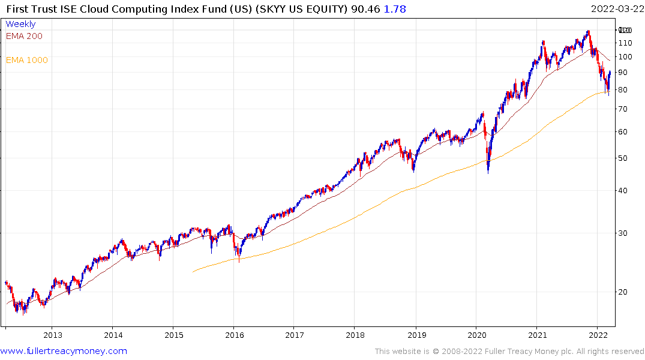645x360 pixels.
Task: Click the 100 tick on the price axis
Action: [x=626, y=57]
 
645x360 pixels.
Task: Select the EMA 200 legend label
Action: [x=24, y=36]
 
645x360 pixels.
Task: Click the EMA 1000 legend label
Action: [x=27, y=60]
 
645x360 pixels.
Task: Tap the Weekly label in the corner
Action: [x=20, y=24]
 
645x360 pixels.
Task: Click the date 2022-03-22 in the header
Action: [x=616, y=9]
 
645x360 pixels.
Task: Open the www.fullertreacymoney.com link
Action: [x=64, y=351]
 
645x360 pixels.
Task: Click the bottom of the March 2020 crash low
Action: [x=488, y=173]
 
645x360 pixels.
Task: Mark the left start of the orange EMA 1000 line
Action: [x=193, y=272]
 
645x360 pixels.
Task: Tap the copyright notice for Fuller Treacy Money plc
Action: [x=509, y=352]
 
